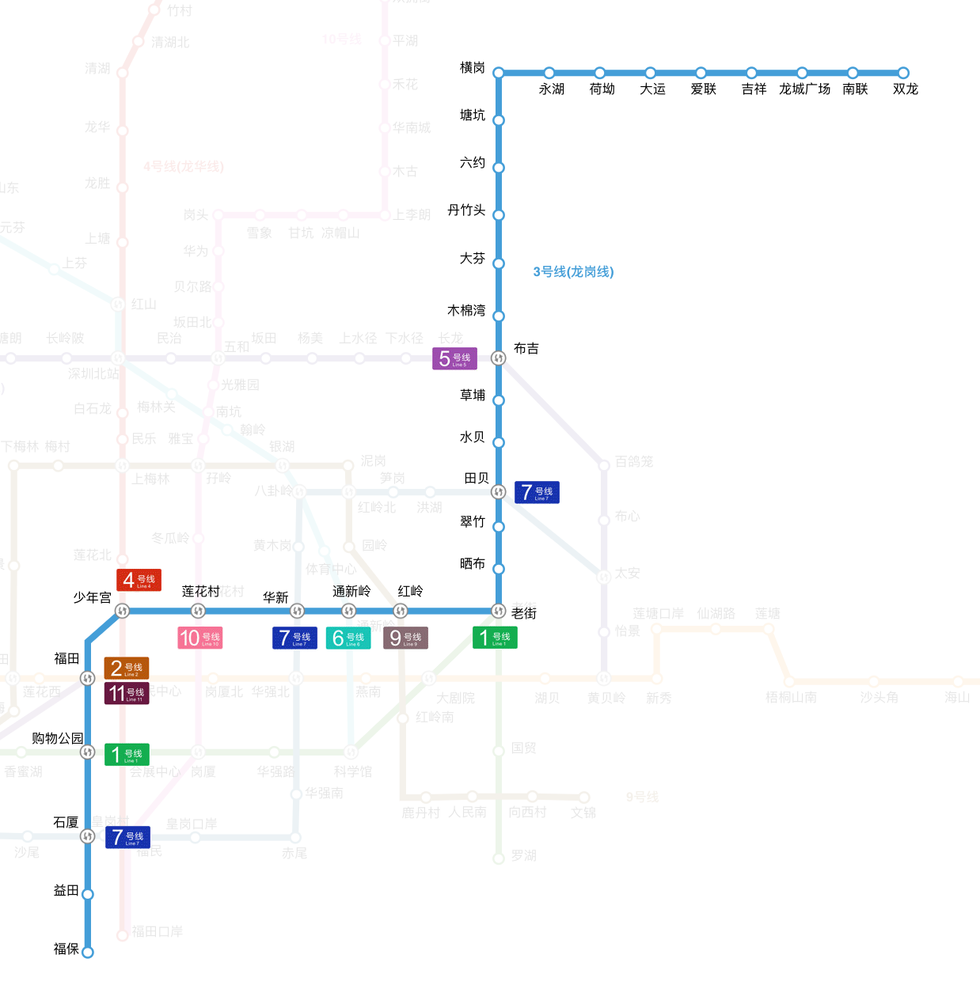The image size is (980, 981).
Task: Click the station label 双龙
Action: (906, 89)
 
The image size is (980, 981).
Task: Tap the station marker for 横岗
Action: (499, 73)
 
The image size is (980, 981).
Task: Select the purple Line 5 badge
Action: (454, 358)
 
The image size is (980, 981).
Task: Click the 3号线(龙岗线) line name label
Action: (573, 272)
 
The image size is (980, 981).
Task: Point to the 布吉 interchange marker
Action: (499, 358)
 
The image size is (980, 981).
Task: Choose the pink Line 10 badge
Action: (200, 638)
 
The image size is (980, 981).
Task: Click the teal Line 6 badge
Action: (348, 638)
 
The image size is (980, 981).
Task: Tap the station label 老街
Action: (524, 613)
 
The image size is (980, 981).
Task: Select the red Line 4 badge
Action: (139, 580)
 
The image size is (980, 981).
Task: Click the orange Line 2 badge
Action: (127, 669)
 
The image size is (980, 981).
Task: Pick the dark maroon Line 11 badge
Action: (127, 694)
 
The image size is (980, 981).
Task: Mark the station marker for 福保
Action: (88, 953)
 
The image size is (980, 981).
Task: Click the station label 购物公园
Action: (57, 738)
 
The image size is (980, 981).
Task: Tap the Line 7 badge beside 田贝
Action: (537, 492)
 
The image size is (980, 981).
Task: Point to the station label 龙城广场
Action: (804, 89)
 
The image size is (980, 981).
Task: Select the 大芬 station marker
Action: (499, 263)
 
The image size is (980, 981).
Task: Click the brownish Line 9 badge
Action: (405, 638)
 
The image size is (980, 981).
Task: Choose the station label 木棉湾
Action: (466, 311)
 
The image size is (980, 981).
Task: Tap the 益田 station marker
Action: (88, 895)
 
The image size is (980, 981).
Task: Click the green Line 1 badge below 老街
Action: (495, 638)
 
